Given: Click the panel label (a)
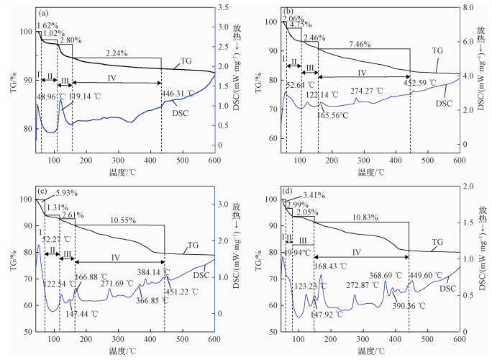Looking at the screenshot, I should (44, 13).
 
